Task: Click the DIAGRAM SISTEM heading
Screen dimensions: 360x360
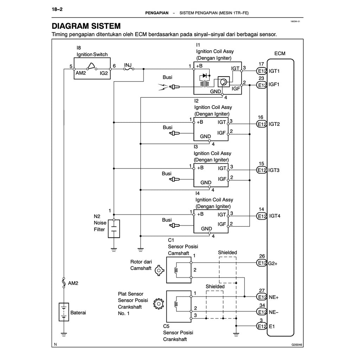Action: click(86, 26)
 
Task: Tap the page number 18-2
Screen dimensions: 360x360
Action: click(57, 9)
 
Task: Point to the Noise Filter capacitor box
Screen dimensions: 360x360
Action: click(114, 229)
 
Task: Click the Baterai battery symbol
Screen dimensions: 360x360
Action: click(64, 312)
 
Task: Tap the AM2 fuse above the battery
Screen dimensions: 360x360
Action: click(64, 282)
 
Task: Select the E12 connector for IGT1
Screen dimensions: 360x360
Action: click(262, 71)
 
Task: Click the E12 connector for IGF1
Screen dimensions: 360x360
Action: click(262, 85)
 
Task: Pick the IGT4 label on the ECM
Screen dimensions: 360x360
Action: click(275, 216)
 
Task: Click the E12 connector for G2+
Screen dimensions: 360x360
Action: click(262, 263)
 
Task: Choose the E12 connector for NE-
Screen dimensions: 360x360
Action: click(262, 312)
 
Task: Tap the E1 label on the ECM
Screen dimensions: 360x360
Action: click(272, 327)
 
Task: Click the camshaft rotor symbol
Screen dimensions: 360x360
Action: click(160, 270)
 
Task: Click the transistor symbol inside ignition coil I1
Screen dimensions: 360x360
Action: click(223, 82)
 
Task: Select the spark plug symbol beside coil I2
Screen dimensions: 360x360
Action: click(175, 134)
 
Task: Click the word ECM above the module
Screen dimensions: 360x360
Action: click(280, 53)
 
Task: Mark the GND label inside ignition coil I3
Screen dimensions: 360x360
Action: click(206, 182)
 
